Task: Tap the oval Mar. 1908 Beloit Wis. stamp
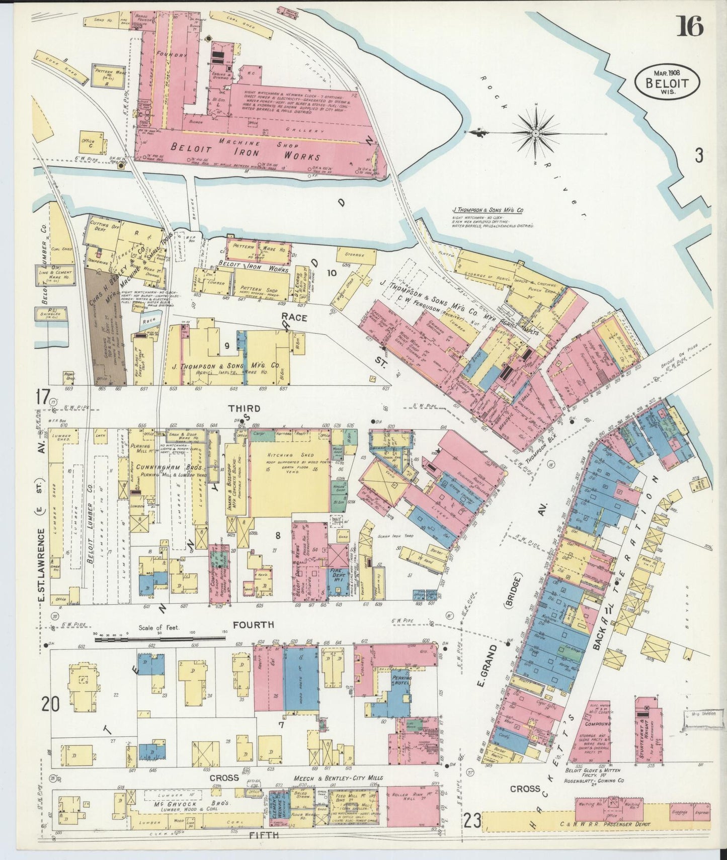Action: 667,81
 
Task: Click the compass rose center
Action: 535,133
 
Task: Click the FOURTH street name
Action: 253,625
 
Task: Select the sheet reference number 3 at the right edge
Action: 698,156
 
